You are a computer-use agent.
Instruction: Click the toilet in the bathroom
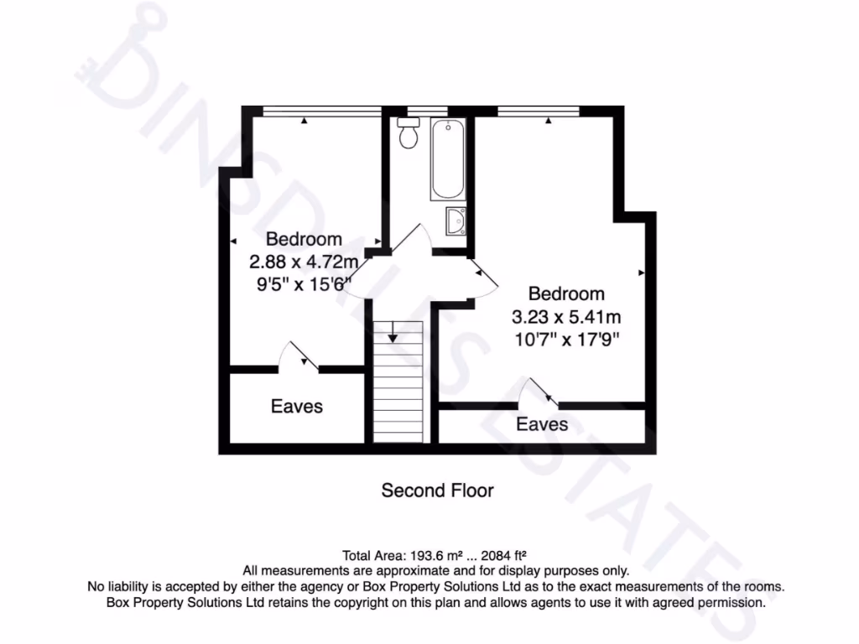(409, 133)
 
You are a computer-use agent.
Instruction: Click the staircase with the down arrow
(398, 382)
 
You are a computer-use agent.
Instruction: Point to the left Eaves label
(296, 407)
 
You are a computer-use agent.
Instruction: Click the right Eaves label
(542, 424)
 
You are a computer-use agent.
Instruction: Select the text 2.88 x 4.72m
(304, 262)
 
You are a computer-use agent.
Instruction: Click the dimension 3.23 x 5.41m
(566, 318)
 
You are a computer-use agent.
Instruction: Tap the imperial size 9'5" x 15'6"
(303, 283)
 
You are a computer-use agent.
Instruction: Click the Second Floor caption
(437, 490)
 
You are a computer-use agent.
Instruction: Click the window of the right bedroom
(538, 110)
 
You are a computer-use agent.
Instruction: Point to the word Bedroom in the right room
(566, 294)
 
